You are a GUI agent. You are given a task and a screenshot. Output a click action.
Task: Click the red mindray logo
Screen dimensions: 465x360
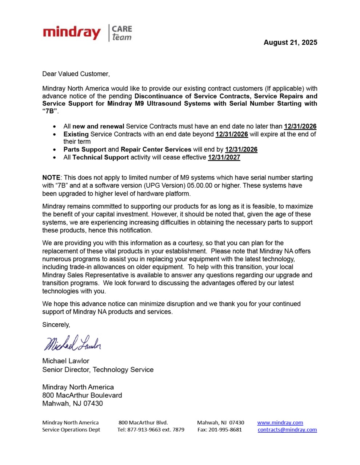pos(72,33)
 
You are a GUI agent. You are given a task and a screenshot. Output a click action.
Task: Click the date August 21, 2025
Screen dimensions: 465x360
pos(290,43)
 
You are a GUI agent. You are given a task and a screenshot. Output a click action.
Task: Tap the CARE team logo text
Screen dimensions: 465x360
pos(121,33)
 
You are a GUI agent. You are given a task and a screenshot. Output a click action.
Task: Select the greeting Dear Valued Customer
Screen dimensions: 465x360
pos(76,74)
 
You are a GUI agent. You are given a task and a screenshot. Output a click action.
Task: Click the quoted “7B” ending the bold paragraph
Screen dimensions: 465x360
pos(50,111)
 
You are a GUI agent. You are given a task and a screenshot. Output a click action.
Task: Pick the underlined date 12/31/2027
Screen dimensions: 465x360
pos(224,157)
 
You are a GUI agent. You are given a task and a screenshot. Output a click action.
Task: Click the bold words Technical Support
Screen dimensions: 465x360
pos(100,157)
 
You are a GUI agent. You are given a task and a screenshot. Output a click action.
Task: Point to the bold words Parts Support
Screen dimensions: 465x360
pos(85,149)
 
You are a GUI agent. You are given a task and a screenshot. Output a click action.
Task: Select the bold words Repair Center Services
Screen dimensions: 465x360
pos(156,149)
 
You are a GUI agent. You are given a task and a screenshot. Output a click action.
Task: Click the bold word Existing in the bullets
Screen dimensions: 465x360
pos(76,134)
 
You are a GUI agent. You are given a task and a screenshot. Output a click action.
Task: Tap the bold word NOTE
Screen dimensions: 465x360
pos(51,178)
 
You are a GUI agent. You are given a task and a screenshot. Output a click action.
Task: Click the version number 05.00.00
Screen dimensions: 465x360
pos(200,186)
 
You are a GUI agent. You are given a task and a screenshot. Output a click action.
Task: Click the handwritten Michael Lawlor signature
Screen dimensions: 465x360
pos(72,343)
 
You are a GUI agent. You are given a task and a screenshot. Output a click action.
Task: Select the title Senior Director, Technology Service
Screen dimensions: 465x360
pos(98,370)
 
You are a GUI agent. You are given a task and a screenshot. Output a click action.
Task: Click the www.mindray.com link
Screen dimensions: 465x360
pos(280,422)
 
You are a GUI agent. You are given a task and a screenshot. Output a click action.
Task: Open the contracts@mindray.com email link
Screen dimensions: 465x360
pos(287,430)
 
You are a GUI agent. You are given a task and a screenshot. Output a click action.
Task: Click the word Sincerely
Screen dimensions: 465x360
pos(56,325)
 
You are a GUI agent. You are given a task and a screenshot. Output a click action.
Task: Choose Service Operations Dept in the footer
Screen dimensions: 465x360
pos(71,430)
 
